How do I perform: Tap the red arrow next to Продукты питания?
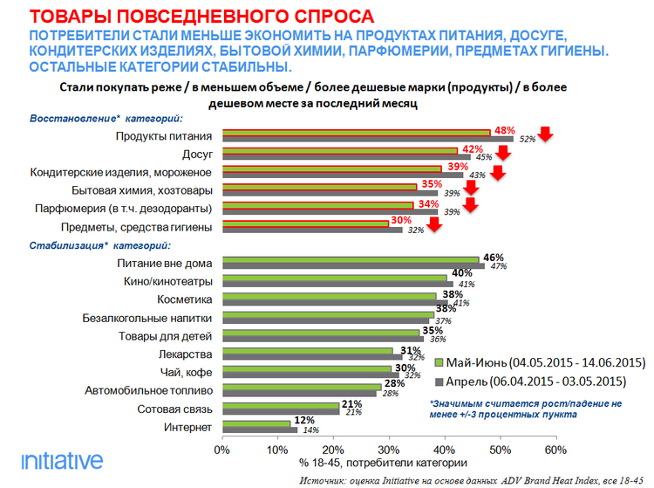coord(546,134)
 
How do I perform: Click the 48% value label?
coord(502,129)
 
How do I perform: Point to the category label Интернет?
coord(188,427)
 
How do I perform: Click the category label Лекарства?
coord(185,354)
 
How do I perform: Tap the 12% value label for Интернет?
coord(303,421)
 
